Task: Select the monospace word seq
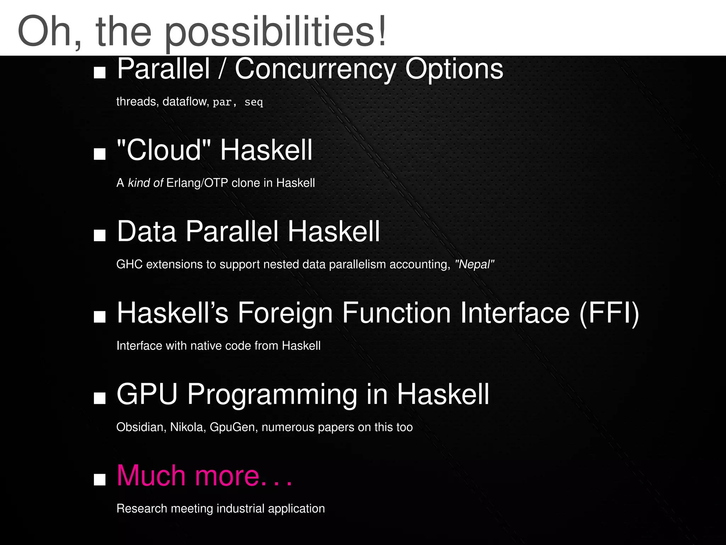point(253,102)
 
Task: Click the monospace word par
point(222,102)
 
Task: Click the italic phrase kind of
point(145,183)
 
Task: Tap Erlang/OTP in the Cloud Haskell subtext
point(197,183)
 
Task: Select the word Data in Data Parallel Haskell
point(147,231)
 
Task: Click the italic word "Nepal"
point(474,265)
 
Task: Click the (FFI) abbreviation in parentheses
point(609,313)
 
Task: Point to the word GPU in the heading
point(147,394)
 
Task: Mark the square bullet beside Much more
point(100,479)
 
